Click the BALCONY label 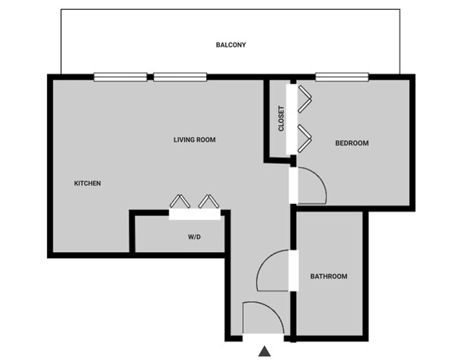click(x=231, y=44)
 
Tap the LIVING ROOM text click(x=195, y=139)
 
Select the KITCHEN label click(x=87, y=183)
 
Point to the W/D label click(x=194, y=237)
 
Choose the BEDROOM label click(x=352, y=143)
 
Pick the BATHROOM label click(x=329, y=276)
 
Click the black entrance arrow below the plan click(x=265, y=351)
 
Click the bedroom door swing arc click(x=312, y=186)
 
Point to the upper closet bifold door click(x=307, y=97)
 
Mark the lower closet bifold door click(x=307, y=136)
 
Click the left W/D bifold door click(x=180, y=202)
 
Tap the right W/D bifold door click(x=208, y=202)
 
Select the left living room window click(x=120, y=76)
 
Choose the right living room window click(x=180, y=76)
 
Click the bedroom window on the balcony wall click(x=342, y=76)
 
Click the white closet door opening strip click(x=290, y=119)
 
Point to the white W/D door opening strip click(x=195, y=215)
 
